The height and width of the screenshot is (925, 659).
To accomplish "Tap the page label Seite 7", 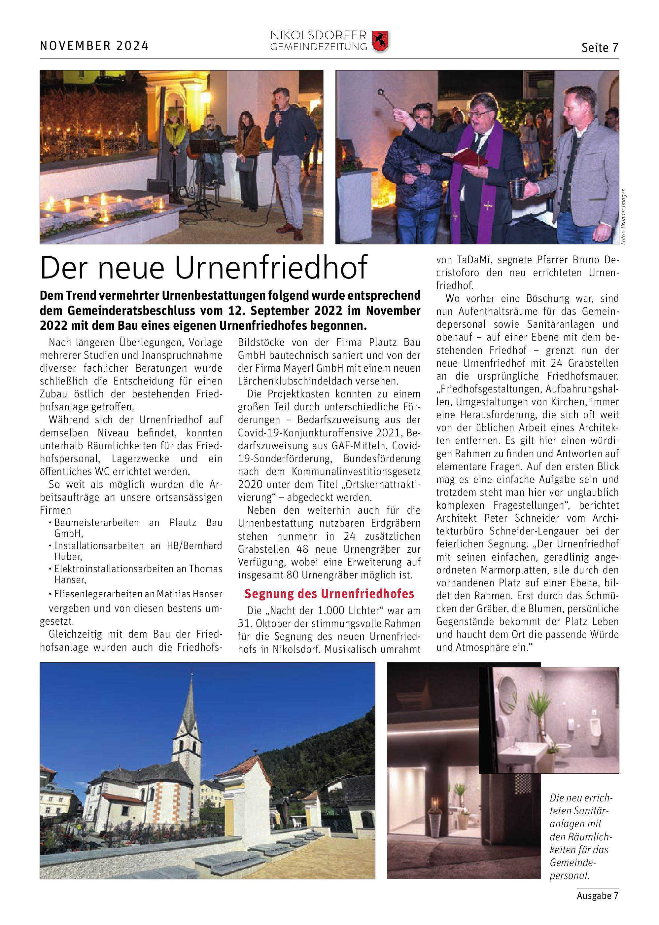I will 600,48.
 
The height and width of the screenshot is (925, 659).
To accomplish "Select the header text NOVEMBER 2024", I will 94,46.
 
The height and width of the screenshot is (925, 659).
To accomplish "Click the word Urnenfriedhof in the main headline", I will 271,268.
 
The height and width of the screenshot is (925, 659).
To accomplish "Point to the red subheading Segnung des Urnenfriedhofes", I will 329,594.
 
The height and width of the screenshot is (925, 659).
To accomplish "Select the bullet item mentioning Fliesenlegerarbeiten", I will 138,594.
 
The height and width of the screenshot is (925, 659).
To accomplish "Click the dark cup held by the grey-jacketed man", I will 517,188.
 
